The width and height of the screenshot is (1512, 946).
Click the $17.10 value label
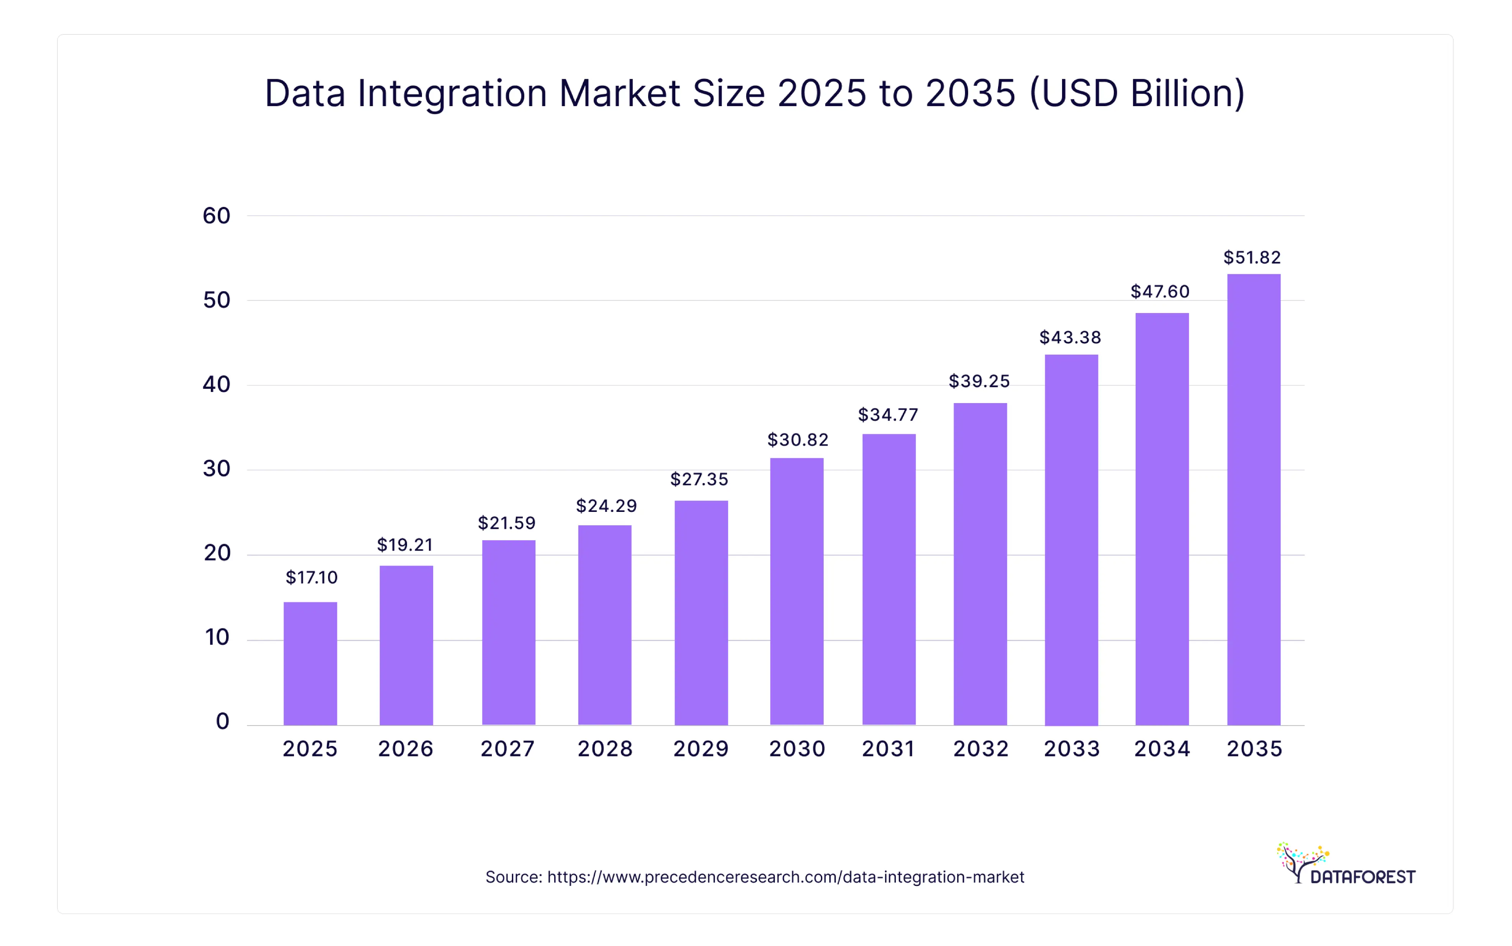coord(311,577)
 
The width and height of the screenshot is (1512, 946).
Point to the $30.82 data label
coord(798,440)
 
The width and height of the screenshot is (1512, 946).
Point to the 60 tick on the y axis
coord(217,216)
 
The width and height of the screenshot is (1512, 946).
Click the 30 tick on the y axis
coord(217,469)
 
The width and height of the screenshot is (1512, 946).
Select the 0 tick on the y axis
coord(222,721)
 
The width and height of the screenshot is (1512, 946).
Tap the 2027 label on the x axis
coord(507,749)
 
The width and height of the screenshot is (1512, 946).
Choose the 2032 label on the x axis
coord(981,749)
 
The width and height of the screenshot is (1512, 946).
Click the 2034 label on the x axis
coord(1162,749)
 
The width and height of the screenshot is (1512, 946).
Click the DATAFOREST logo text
coord(1363,877)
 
